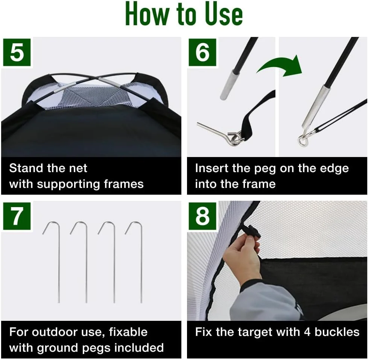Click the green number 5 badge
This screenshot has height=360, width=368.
[17, 52]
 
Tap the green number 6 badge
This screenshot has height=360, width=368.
[202, 52]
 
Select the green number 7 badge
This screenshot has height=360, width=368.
[17, 216]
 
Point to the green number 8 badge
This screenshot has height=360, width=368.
[202, 216]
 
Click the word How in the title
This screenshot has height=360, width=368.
[147, 14]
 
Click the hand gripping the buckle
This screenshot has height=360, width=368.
[242, 256]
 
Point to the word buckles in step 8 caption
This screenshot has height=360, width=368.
[337, 332]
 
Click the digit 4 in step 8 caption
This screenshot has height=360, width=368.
[307, 332]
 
